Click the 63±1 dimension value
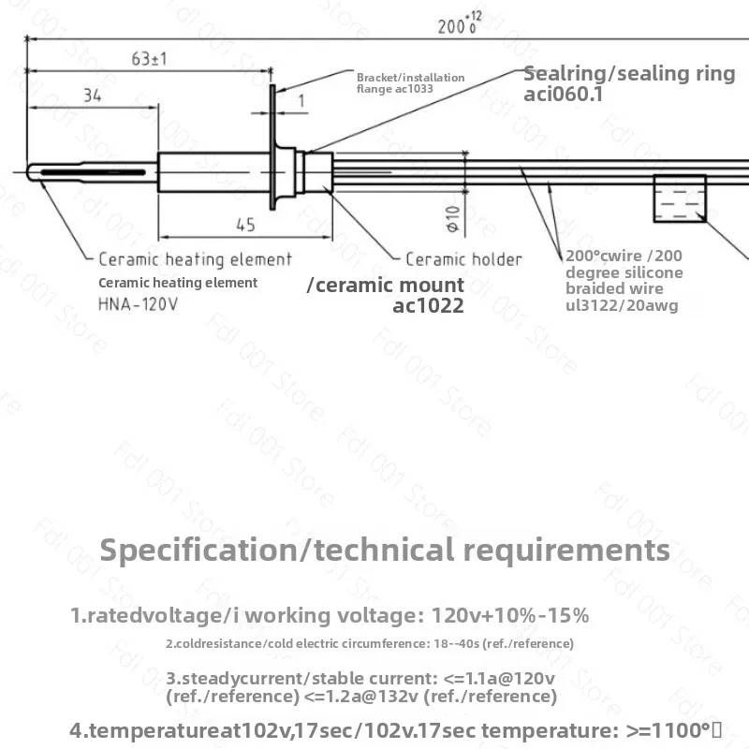tap(149, 59)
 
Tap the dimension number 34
tap(92, 95)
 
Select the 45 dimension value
tap(245, 225)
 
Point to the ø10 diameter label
tap(453, 219)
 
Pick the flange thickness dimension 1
tap(301, 101)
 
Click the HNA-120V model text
tap(138, 303)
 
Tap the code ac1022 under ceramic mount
tap(428, 306)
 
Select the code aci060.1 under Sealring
tap(563, 94)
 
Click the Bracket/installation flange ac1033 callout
tap(410, 83)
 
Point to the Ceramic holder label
tap(463, 259)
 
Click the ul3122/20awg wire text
tap(622, 305)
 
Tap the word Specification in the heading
tap(198, 551)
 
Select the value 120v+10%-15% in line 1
tap(510, 615)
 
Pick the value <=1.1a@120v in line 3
tap(499, 678)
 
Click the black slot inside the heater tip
tap(93, 172)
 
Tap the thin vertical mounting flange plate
tap(272, 147)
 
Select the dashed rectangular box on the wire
tap(680, 198)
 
